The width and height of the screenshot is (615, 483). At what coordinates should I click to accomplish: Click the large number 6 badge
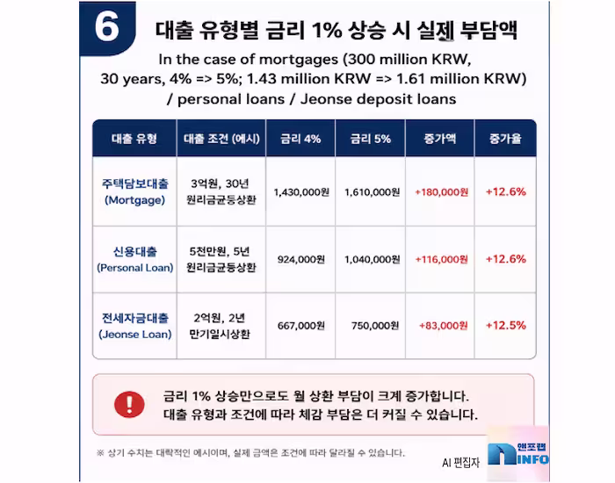coord(107,28)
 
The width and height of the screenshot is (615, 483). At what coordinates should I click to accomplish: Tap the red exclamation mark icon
coord(129,404)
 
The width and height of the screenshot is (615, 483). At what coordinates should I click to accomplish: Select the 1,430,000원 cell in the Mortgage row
coord(301,192)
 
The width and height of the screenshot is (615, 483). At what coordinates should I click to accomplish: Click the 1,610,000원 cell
coord(373,192)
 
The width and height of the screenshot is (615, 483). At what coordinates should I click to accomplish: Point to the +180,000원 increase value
coord(442,192)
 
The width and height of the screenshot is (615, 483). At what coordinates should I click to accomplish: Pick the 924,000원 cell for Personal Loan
coord(301,260)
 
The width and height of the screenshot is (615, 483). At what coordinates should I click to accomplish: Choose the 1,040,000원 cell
coord(373,260)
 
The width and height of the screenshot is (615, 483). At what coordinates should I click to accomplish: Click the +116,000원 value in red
coord(442,260)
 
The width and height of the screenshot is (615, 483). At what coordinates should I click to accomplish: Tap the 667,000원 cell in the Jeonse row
coord(301,326)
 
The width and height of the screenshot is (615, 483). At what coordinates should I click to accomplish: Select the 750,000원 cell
coord(375,326)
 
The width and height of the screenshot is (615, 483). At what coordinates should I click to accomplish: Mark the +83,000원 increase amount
coord(444,326)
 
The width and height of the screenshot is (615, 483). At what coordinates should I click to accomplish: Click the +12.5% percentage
coord(506,326)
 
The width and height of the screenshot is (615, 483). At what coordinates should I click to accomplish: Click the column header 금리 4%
coord(300,139)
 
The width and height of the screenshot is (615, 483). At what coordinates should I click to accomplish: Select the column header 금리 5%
coord(371,139)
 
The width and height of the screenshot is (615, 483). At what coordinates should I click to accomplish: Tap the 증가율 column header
coord(505,139)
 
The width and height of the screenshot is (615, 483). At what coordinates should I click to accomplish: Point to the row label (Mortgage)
coord(135,200)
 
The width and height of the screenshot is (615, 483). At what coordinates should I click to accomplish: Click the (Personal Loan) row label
coord(135,268)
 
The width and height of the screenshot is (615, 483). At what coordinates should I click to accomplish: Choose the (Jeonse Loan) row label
coord(135,335)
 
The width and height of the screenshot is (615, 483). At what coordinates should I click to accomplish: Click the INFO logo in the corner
coord(517,454)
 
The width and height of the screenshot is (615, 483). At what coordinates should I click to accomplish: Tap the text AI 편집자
coord(461,463)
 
